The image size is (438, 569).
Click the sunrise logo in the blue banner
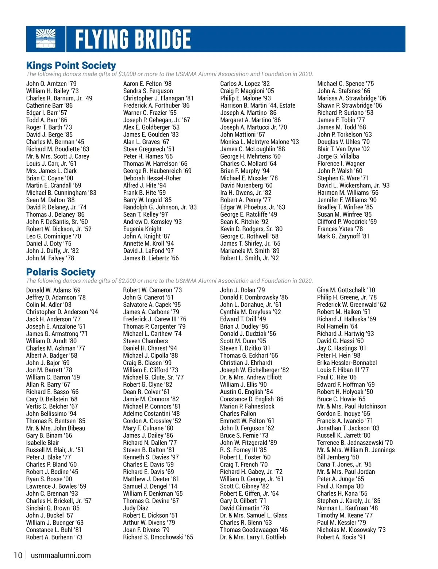[46, 39]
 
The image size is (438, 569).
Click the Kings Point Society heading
[71, 66]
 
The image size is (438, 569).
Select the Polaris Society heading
[61, 272]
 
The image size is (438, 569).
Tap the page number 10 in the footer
[18, 555]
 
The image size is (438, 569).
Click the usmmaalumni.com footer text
[61, 555]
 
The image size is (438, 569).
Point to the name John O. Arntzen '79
[51, 84]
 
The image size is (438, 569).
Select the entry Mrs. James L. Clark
[51, 171]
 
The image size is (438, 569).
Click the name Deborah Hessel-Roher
[152, 178]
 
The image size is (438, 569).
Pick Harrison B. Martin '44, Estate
[257, 106]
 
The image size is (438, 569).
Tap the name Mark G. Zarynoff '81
[343, 236]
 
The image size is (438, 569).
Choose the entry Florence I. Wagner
[341, 164]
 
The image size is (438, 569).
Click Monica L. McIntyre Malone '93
[259, 142]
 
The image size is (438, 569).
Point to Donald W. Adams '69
[53, 290]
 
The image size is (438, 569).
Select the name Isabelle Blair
[42, 443]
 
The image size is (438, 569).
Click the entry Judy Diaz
[135, 508]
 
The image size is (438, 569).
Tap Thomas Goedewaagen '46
[254, 530]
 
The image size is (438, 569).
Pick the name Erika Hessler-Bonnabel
[347, 363]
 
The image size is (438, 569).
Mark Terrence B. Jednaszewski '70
[355, 443]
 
